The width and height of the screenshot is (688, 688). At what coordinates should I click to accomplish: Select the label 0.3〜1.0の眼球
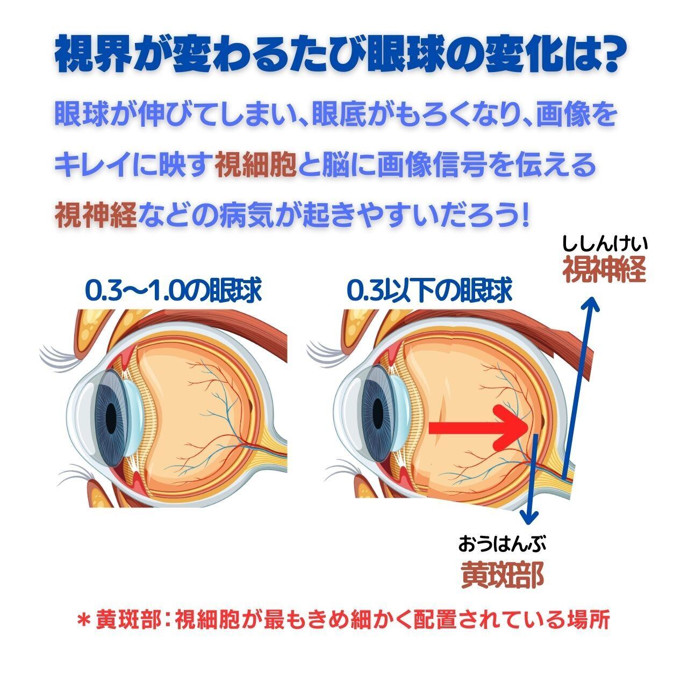point(173,291)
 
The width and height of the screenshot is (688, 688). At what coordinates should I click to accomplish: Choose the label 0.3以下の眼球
point(429,291)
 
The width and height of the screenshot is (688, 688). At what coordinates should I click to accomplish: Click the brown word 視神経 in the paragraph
point(96,214)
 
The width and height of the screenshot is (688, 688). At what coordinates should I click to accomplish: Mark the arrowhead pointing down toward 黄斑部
point(529,517)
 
